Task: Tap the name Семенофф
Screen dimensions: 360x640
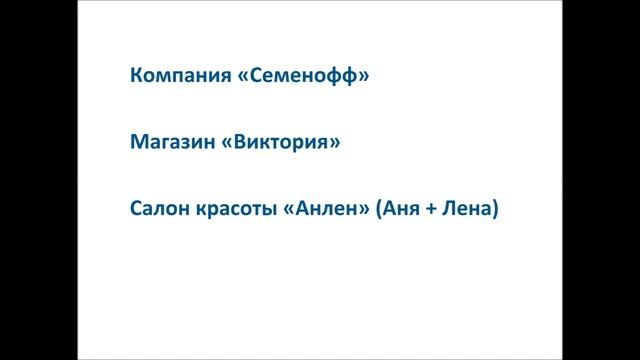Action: click(304, 76)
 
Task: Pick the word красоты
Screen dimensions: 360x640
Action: click(237, 211)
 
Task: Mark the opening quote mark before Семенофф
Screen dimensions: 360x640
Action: click(246, 77)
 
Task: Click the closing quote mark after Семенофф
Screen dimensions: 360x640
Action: click(363, 77)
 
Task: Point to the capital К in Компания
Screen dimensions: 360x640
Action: click(136, 76)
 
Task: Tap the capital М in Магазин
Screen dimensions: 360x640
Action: click(138, 143)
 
